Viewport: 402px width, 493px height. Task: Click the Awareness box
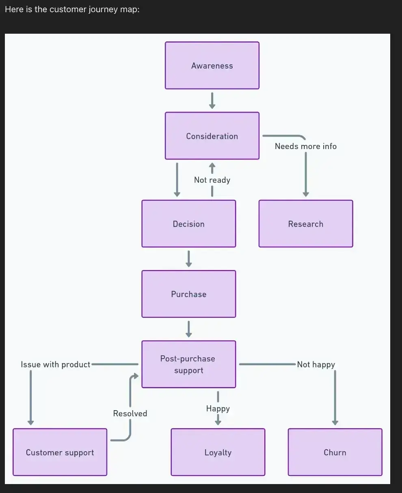pyautogui.click(x=212, y=65)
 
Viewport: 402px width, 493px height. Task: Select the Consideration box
pyautogui.click(x=212, y=136)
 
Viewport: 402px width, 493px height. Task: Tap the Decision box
pyautogui.click(x=188, y=223)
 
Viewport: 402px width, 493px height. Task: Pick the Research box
pyautogui.click(x=305, y=223)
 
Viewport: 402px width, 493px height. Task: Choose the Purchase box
pyautogui.click(x=188, y=294)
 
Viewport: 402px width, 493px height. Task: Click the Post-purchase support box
pyautogui.click(x=188, y=364)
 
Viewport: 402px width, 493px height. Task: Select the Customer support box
pyautogui.click(x=60, y=452)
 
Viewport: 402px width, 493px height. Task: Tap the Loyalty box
pyautogui.click(x=218, y=452)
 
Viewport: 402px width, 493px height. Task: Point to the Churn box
pyautogui.click(x=335, y=452)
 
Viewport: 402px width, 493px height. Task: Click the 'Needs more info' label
pyautogui.click(x=305, y=146)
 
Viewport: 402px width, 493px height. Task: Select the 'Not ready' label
pyautogui.click(x=212, y=180)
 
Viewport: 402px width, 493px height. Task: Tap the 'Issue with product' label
pyautogui.click(x=56, y=364)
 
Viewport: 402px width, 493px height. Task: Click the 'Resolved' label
pyautogui.click(x=130, y=413)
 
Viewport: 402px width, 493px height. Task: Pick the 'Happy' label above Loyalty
pyautogui.click(x=218, y=409)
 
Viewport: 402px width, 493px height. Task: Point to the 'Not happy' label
pyautogui.click(x=316, y=364)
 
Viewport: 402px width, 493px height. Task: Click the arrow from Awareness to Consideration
pyautogui.click(x=212, y=100)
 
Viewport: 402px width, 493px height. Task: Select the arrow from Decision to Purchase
pyautogui.click(x=188, y=259)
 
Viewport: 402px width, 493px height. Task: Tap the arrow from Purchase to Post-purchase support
pyautogui.click(x=188, y=329)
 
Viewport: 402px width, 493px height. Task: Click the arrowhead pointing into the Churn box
pyautogui.click(x=335, y=422)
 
